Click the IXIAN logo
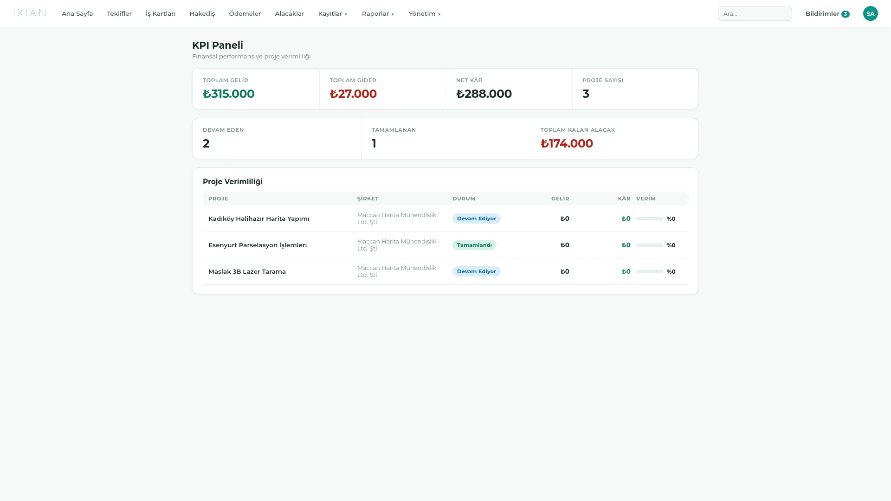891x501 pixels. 30,13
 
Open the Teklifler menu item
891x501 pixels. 119,13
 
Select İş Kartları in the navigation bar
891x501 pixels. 161,13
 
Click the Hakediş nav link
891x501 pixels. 202,13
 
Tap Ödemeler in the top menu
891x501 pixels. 245,13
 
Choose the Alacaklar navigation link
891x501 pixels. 290,13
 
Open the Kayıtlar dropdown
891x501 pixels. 333,13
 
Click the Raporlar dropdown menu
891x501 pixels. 378,13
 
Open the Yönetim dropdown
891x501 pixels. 425,13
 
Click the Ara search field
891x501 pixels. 755,13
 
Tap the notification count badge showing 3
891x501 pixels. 846,14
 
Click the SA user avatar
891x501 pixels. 871,13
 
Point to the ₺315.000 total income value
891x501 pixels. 228,94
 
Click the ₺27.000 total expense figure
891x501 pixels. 353,94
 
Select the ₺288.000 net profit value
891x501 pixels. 484,94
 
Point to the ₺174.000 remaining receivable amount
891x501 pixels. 567,143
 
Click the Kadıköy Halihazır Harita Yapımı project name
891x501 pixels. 258,218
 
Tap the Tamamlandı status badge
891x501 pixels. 474,245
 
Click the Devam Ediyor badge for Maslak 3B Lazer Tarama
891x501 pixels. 476,271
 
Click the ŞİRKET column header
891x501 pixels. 368,199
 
